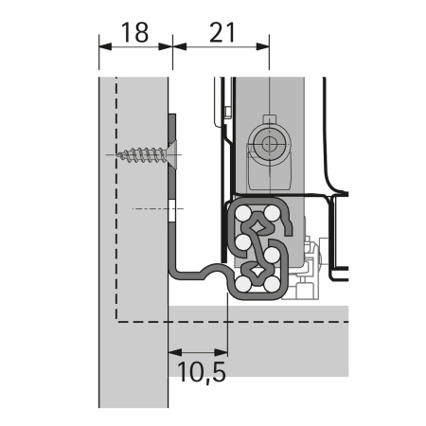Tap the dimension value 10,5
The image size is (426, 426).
click(201, 370)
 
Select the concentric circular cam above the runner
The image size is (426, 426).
click(266, 146)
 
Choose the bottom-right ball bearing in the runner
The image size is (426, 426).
click(276, 279)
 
